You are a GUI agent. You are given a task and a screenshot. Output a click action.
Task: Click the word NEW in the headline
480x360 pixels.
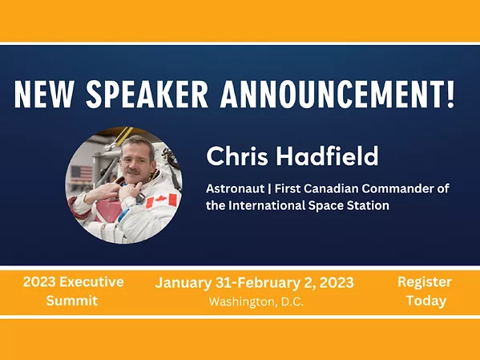(x=44, y=95)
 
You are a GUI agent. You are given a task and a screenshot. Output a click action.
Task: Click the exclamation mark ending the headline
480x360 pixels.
(x=450, y=95)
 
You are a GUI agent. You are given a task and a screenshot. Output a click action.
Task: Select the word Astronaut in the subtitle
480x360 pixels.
(x=236, y=188)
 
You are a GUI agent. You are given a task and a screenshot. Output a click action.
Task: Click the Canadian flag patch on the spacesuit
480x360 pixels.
(x=161, y=200)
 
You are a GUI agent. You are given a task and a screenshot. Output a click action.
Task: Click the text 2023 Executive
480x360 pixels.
(x=73, y=282)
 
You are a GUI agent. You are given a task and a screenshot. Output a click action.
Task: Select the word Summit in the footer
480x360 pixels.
(x=73, y=301)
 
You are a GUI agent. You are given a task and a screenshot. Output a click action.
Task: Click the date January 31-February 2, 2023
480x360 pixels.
(x=254, y=283)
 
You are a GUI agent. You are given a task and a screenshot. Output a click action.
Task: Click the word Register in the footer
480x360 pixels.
(x=424, y=282)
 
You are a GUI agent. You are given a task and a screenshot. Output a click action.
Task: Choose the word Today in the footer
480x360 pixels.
(x=425, y=301)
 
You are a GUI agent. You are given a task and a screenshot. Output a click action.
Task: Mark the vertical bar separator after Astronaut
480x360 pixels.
(x=272, y=188)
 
